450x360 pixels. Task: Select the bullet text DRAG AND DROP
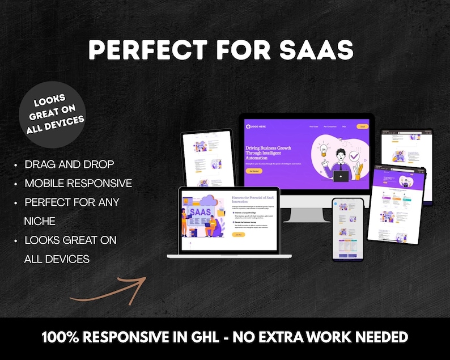(69, 164)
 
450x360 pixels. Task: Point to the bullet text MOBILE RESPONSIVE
(78, 183)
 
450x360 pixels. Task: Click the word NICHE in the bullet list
(40, 221)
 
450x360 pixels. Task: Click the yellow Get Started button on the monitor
(254, 171)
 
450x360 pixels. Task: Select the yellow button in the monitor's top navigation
(362, 126)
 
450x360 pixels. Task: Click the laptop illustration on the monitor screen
(341, 176)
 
